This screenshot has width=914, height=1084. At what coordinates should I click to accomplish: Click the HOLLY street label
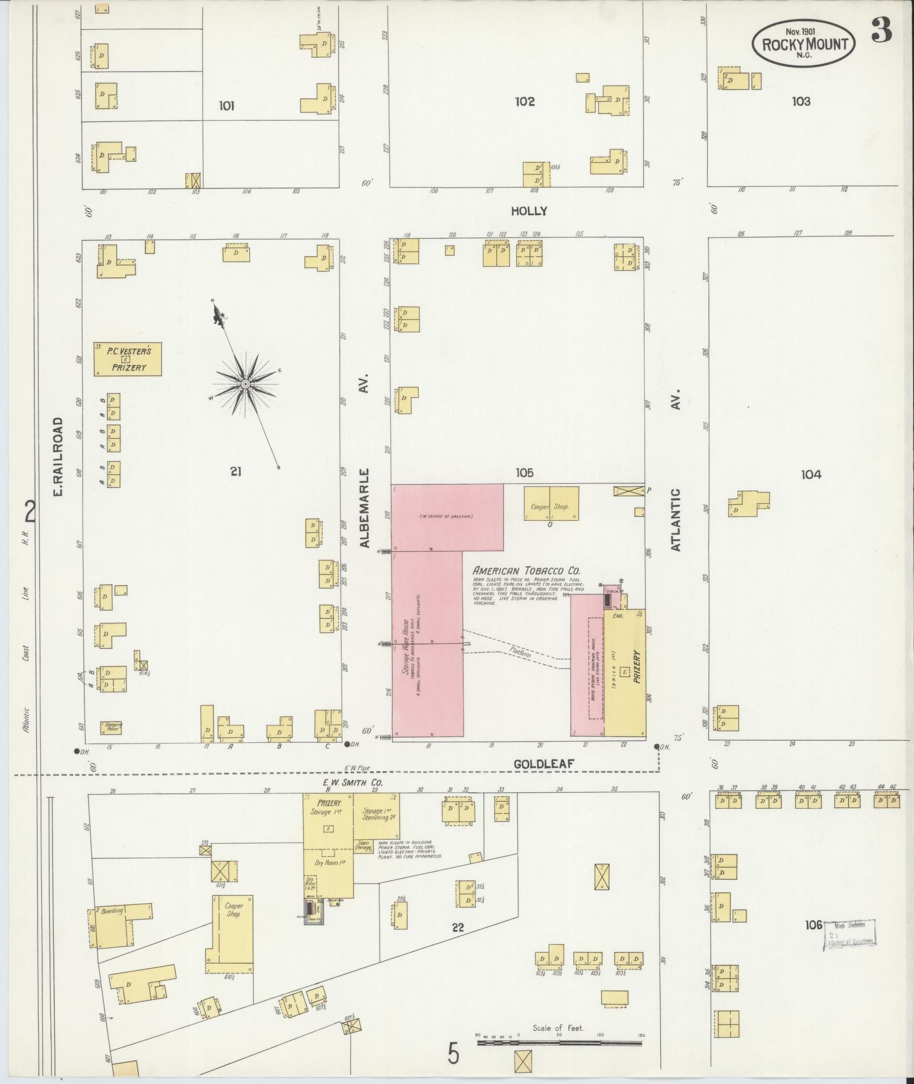(x=529, y=211)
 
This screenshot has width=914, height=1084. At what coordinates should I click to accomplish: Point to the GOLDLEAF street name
(x=544, y=764)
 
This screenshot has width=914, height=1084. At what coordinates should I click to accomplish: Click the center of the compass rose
(x=245, y=385)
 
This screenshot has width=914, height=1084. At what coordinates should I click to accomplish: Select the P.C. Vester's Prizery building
(x=128, y=359)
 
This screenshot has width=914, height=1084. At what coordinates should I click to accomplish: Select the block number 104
(x=811, y=474)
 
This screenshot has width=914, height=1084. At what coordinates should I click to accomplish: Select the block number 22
(x=458, y=928)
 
